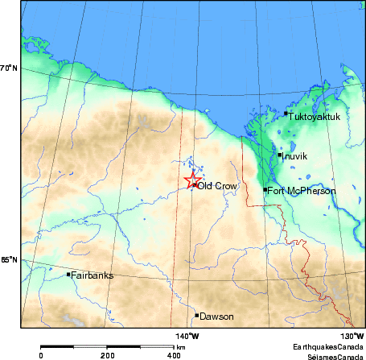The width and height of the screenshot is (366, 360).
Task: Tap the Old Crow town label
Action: coord(216,186)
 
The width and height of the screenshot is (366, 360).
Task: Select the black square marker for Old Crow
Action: coord(195,185)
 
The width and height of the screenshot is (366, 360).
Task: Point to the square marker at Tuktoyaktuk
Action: coord(286,114)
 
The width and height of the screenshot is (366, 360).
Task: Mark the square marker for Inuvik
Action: coord(279,155)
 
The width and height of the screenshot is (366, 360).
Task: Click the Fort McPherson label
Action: coord(301,190)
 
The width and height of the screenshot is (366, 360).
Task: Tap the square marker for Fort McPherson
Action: coord(265,190)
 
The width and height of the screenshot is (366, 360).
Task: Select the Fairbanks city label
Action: coord(92,275)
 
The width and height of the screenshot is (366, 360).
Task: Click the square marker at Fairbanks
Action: coord(68,275)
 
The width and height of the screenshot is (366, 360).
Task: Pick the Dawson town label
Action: coord(216,317)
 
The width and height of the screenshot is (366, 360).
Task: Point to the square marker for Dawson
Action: coord(196,316)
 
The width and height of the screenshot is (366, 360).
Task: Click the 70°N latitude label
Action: coord(8,68)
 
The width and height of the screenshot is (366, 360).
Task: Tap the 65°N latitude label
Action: coord(8,260)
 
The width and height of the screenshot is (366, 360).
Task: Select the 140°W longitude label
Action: coord(187,336)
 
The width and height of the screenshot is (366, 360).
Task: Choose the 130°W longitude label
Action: coord(352,336)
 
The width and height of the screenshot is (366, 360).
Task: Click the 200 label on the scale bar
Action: coord(106,354)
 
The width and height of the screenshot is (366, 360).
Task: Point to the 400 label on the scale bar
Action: coord(173,354)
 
